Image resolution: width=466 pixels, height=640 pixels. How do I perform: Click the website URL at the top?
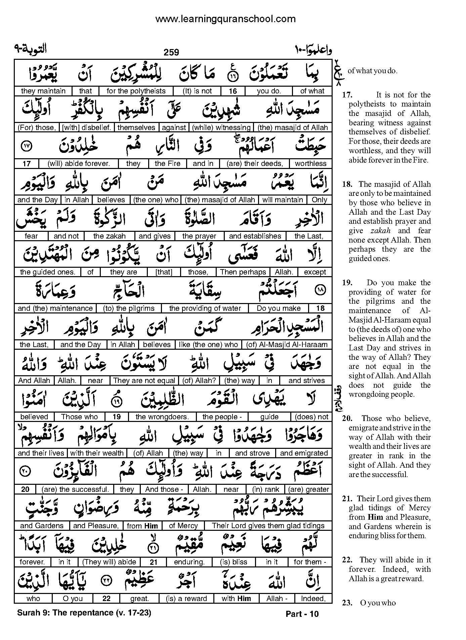(225, 19)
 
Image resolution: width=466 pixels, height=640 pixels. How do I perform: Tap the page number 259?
(171, 52)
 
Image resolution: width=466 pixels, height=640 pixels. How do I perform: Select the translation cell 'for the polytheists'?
(136, 91)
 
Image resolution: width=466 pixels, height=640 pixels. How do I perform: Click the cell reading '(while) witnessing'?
(221, 127)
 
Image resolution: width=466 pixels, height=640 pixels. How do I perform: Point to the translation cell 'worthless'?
(310, 164)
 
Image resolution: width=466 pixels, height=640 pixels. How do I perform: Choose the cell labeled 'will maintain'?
(283, 200)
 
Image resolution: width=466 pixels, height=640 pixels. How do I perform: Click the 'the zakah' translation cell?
(109, 236)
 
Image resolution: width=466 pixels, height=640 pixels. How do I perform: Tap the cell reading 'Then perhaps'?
(243, 272)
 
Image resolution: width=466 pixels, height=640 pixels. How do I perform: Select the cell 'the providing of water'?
(205, 308)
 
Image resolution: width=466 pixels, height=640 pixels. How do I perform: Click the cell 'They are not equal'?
(144, 381)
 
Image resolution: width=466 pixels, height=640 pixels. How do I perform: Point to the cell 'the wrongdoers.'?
(162, 417)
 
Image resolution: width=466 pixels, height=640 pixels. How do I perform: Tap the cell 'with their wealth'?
(97, 453)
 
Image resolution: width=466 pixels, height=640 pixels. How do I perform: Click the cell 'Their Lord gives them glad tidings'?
(268, 526)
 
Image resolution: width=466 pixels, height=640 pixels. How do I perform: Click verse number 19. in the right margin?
(347, 283)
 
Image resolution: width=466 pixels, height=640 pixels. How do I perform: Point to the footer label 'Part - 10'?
(302, 614)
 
